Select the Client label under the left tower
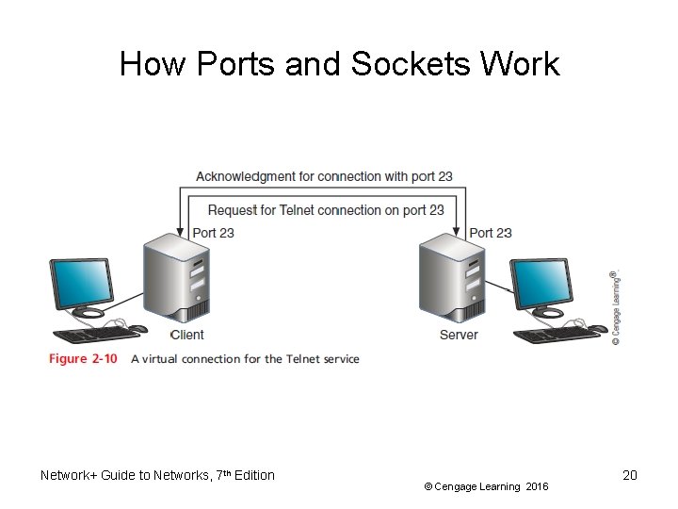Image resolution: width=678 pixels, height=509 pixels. tap(186, 335)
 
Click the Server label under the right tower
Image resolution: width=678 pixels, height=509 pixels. tap(459, 335)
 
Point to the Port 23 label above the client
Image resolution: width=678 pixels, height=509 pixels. tap(213, 233)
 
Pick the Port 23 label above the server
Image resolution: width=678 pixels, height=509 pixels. tap(490, 233)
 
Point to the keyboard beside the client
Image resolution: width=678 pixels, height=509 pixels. tap(87, 335)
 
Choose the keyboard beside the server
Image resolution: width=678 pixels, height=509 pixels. tap(546, 335)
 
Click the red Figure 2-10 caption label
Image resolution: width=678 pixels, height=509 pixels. tap(83, 359)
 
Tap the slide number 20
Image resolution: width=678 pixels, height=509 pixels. tap(630, 475)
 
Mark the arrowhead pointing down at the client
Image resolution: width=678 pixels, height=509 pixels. tap(181, 232)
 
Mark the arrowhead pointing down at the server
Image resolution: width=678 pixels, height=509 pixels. tap(459, 232)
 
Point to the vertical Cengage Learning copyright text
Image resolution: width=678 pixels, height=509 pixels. tap(615, 306)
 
